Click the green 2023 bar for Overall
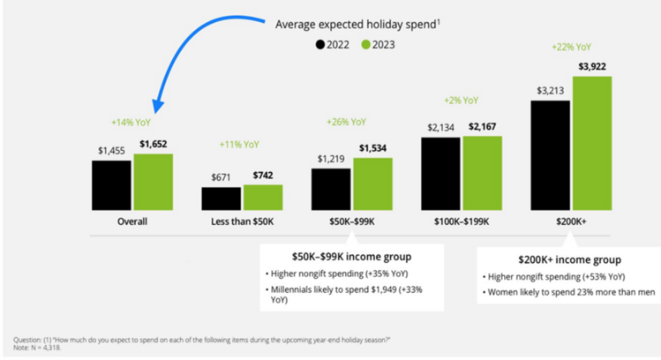[152, 183]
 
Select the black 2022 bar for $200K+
[551, 155]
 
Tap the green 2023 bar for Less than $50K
[263, 199]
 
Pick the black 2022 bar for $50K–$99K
[330, 190]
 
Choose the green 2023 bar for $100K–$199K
[482, 174]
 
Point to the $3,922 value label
[591, 65]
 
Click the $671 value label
[220, 176]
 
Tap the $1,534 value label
[372, 147]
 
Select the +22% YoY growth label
[572, 47]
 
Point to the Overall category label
[132, 222]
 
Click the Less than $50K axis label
[241, 222]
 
